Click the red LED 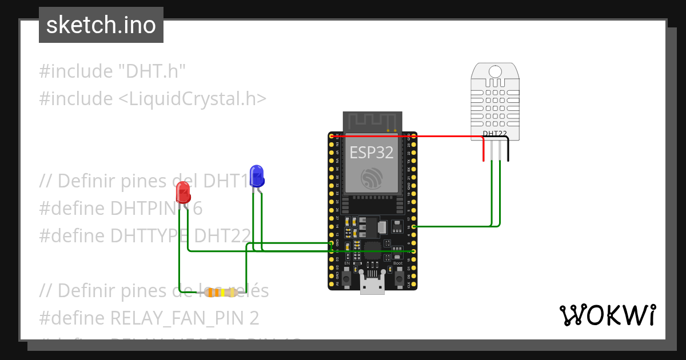tap(183, 192)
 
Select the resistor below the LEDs tap(220, 293)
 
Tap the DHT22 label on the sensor tap(494, 134)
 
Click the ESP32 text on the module tap(372, 153)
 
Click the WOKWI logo tap(607, 315)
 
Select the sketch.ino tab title tap(101, 25)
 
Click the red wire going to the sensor tap(446, 137)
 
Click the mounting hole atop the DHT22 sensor tap(494, 71)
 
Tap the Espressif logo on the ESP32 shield tap(372, 178)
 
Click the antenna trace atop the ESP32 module tap(372, 121)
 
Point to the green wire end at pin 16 tap(414, 226)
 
